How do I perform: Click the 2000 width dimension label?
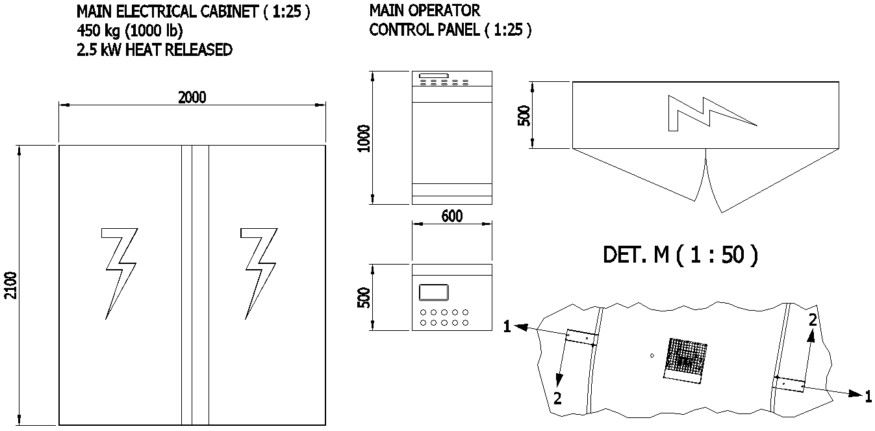coord(192,98)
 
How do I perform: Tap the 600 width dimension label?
coord(451,216)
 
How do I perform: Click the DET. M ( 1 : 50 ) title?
coord(680,254)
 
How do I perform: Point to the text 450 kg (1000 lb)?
coord(130,31)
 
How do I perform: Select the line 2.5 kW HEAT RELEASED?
coord(154,50)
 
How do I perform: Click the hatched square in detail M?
coord(685,358)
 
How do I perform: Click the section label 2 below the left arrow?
coord(557,399)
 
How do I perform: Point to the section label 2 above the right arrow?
coord(812,319)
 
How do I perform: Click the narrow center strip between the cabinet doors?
coord(194,285)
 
